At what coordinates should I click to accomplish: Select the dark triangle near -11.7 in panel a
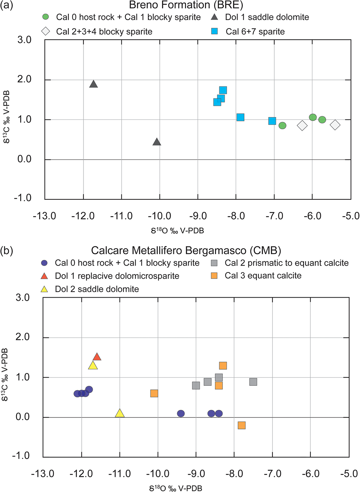pyautogui.click(x=94, y=84)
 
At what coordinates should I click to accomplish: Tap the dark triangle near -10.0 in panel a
pyautogui.click(x=157, y=142)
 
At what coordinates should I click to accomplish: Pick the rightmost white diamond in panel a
pyautogui.click(x=335, y=125)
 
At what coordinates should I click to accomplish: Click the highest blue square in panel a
pyautogui.click(x=223, y=90)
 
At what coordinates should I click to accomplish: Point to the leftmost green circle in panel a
pyautogui.click(x=282, y=126)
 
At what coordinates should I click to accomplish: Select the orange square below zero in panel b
pyautogui.click(x=242, y=425)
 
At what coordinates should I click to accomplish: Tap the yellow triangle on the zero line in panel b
pyautogui.click(x=120, y=414)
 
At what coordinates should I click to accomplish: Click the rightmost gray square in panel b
pyautogui.click(x=253, y=382)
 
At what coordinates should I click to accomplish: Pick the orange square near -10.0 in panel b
pyautogui.click(x=154, y=393)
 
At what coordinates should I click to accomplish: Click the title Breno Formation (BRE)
pyautogui.click(x=186, y=5)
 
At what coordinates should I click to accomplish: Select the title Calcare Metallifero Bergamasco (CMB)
pyautogui.click(x=186, y=250)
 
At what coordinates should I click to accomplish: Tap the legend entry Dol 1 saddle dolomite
pyautogui.click(x=267, y=17)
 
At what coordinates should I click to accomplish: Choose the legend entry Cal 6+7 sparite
pyautogui.click(x=255, y=32)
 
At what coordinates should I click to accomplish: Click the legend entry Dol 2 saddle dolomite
pyautogui.click(x=96, y=289)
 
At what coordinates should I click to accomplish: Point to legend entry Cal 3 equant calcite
pyautogui.click(x=263, y=276)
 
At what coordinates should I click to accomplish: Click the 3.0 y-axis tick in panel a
pyautogui.click(x=24, y=40)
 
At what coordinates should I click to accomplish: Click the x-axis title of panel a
pyautogui.click(x=177, y=231)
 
